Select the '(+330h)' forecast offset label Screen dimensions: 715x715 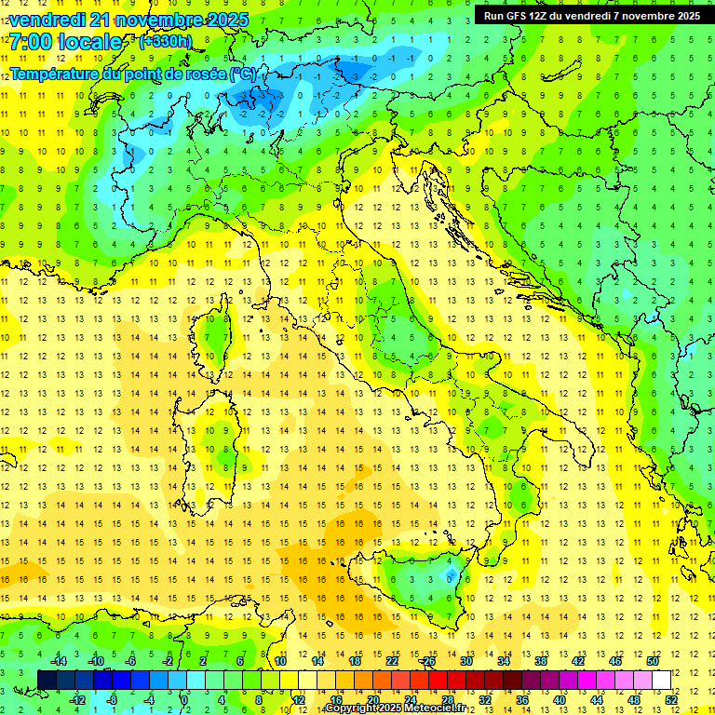point(165,42)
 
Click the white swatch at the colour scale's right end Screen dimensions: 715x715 point(661,680)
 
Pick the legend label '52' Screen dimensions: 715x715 point(671,700)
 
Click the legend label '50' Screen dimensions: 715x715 point(653,660)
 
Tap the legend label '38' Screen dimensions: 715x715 point(541,660)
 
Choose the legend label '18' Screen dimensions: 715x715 point(355,660)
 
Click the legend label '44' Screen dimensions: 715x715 point(597,700)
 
